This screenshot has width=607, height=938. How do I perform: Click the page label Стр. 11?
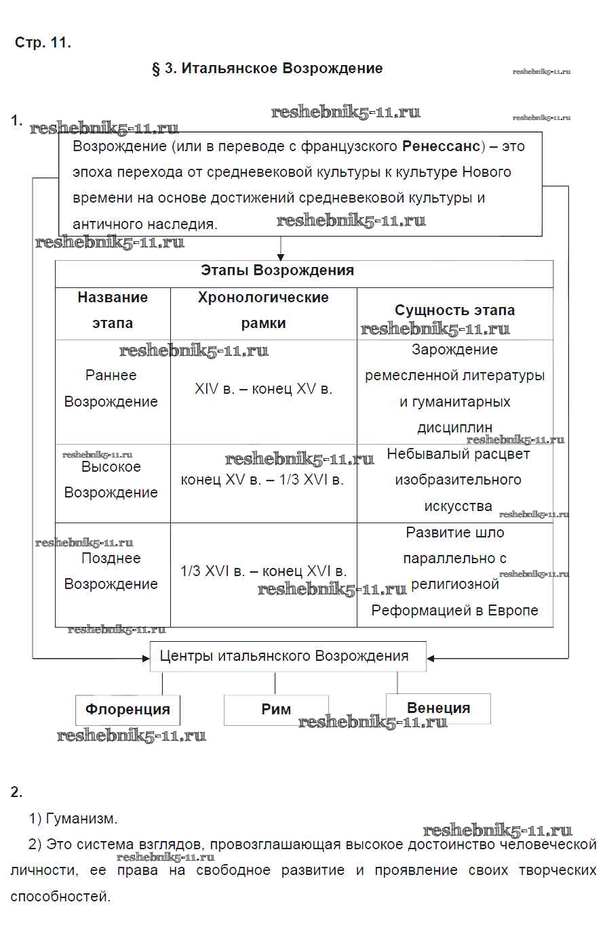point(43,43)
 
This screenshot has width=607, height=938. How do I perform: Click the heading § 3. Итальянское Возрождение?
point(267,68)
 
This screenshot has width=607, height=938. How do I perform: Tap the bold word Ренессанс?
point(441,146)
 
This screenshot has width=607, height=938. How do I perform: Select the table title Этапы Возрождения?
point(277,270)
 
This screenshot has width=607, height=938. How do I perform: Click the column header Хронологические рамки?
point(263,310)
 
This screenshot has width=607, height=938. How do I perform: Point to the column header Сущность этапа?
point(454,310)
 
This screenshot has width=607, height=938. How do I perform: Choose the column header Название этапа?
point(113,310)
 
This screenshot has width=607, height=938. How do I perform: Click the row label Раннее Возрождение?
point(111,388)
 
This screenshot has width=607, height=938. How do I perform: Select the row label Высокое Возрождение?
point(111,480)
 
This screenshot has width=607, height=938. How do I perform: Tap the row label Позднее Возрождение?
point(111,571)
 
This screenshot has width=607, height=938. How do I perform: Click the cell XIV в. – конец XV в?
point(263,389)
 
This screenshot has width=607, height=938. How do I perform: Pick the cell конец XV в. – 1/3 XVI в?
point(262,480)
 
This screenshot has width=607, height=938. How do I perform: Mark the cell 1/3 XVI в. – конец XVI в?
point(263,571)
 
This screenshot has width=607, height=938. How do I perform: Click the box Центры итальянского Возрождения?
point(284,656)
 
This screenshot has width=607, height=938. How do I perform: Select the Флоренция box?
point(128,710)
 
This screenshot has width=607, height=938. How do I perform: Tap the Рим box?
point(276,710)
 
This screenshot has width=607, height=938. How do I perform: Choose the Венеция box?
point(438,708)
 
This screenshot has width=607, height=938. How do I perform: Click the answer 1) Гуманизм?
point(73,819)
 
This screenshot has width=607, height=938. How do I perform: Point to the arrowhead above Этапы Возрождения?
point(281,257)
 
